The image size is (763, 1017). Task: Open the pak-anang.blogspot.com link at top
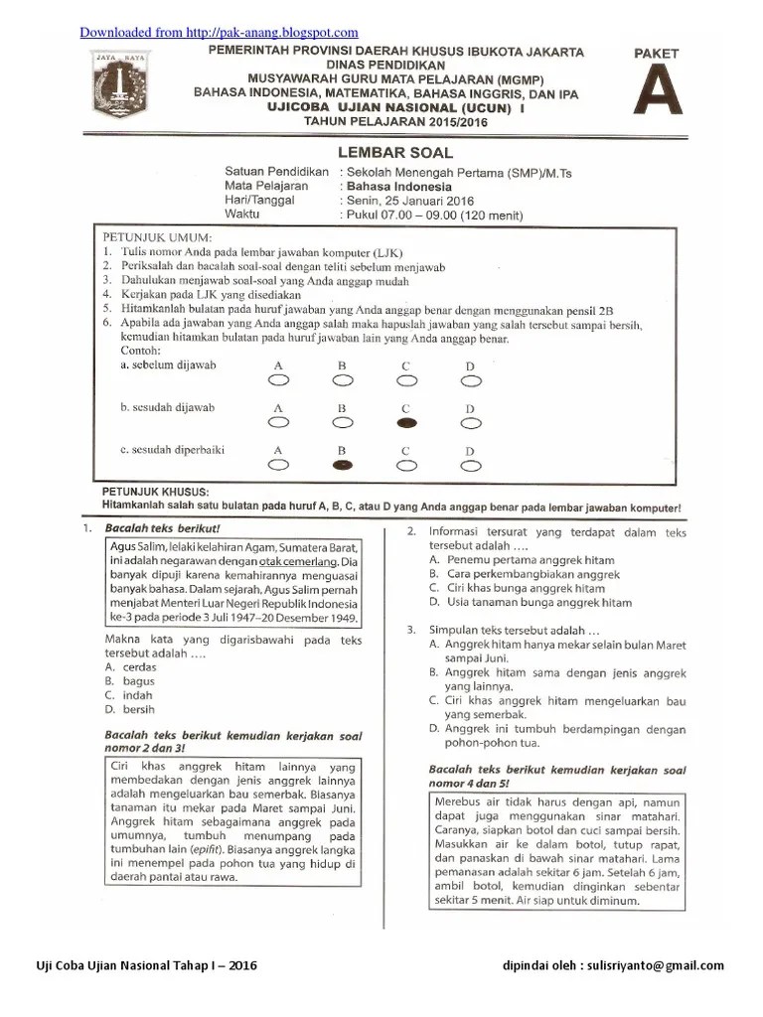coord(219,33)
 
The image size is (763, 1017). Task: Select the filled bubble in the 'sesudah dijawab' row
coord(406,422)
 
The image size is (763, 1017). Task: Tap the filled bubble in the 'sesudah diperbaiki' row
coord(342,464)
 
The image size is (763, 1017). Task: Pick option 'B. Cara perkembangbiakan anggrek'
coord(525,574)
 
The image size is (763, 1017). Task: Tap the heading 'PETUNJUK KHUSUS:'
coord(155,493)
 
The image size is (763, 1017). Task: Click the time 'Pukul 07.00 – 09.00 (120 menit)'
coord(433,216)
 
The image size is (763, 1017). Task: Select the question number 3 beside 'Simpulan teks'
coord(410,630)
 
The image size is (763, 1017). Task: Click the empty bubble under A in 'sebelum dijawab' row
coord(278,379)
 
